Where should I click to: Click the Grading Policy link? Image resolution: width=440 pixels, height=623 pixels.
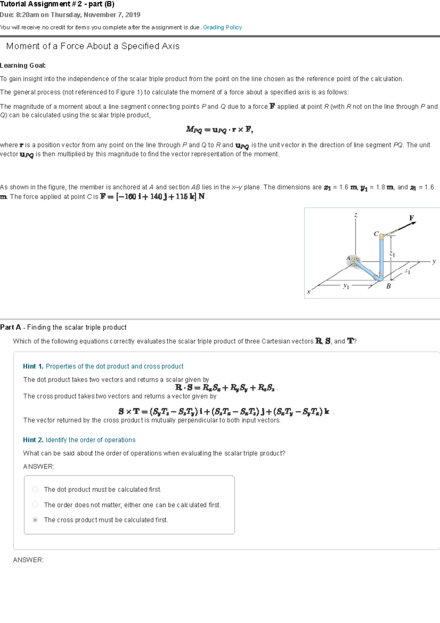coord(222,27)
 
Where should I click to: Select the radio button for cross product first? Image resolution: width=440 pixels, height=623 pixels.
coord(35,520)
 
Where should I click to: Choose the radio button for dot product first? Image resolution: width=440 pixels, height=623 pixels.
coord(35,489)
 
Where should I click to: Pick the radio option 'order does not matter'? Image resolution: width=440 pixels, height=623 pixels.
coord(35,505)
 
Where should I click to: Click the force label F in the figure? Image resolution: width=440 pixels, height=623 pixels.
coord(411,218)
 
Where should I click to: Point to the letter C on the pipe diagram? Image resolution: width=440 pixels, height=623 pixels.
coord(376,234)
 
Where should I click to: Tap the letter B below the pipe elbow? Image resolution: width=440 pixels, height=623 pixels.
coord(388,286)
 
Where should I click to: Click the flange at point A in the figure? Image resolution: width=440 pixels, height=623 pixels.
coord(354,262)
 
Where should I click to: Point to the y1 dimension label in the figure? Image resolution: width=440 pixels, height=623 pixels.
coord(346,286)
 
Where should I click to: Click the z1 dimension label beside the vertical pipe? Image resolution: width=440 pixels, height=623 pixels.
coord(392,254)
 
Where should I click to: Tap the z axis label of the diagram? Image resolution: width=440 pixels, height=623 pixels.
coord(355,215)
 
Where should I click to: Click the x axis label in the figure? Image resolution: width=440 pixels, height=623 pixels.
coord(308,292)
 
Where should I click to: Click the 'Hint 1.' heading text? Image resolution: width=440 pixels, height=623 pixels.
coord(33,366)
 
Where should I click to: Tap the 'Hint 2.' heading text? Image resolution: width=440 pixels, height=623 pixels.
coord(33,440)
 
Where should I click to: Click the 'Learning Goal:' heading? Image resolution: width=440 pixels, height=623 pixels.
coord(23,65)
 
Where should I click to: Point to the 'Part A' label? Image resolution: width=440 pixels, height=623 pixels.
coord(11,327)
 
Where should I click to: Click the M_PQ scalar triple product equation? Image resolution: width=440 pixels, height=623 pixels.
coord(219,130)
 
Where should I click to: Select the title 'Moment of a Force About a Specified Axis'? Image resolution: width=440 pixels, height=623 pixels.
coord(93,46)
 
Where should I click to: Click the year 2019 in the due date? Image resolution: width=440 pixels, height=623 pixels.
coord(132,15)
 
